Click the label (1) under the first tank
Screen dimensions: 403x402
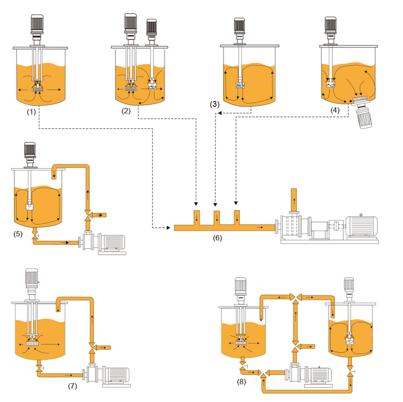click(31, 112)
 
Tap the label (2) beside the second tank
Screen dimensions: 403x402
click(126, 111)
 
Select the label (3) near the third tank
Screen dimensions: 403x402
click(215, 104)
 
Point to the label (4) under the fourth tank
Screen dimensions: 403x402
click(335, 110)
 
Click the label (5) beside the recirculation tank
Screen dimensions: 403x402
click(18, 234)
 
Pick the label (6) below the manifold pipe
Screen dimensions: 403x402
click(218, 238)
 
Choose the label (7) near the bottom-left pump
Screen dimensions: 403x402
click(73, 386)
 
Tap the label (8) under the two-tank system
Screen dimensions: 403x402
click(241, 382)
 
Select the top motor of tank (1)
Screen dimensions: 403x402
click(37, 24)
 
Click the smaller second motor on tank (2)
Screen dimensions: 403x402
click(152, 27)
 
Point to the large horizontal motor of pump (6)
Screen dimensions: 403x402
click(362, 226)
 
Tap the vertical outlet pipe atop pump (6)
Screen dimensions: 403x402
click(294, 200)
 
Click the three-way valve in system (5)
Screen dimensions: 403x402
click(88, 215)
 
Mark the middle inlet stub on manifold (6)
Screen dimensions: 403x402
click(217, 218)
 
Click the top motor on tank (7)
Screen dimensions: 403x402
click(32, 278)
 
